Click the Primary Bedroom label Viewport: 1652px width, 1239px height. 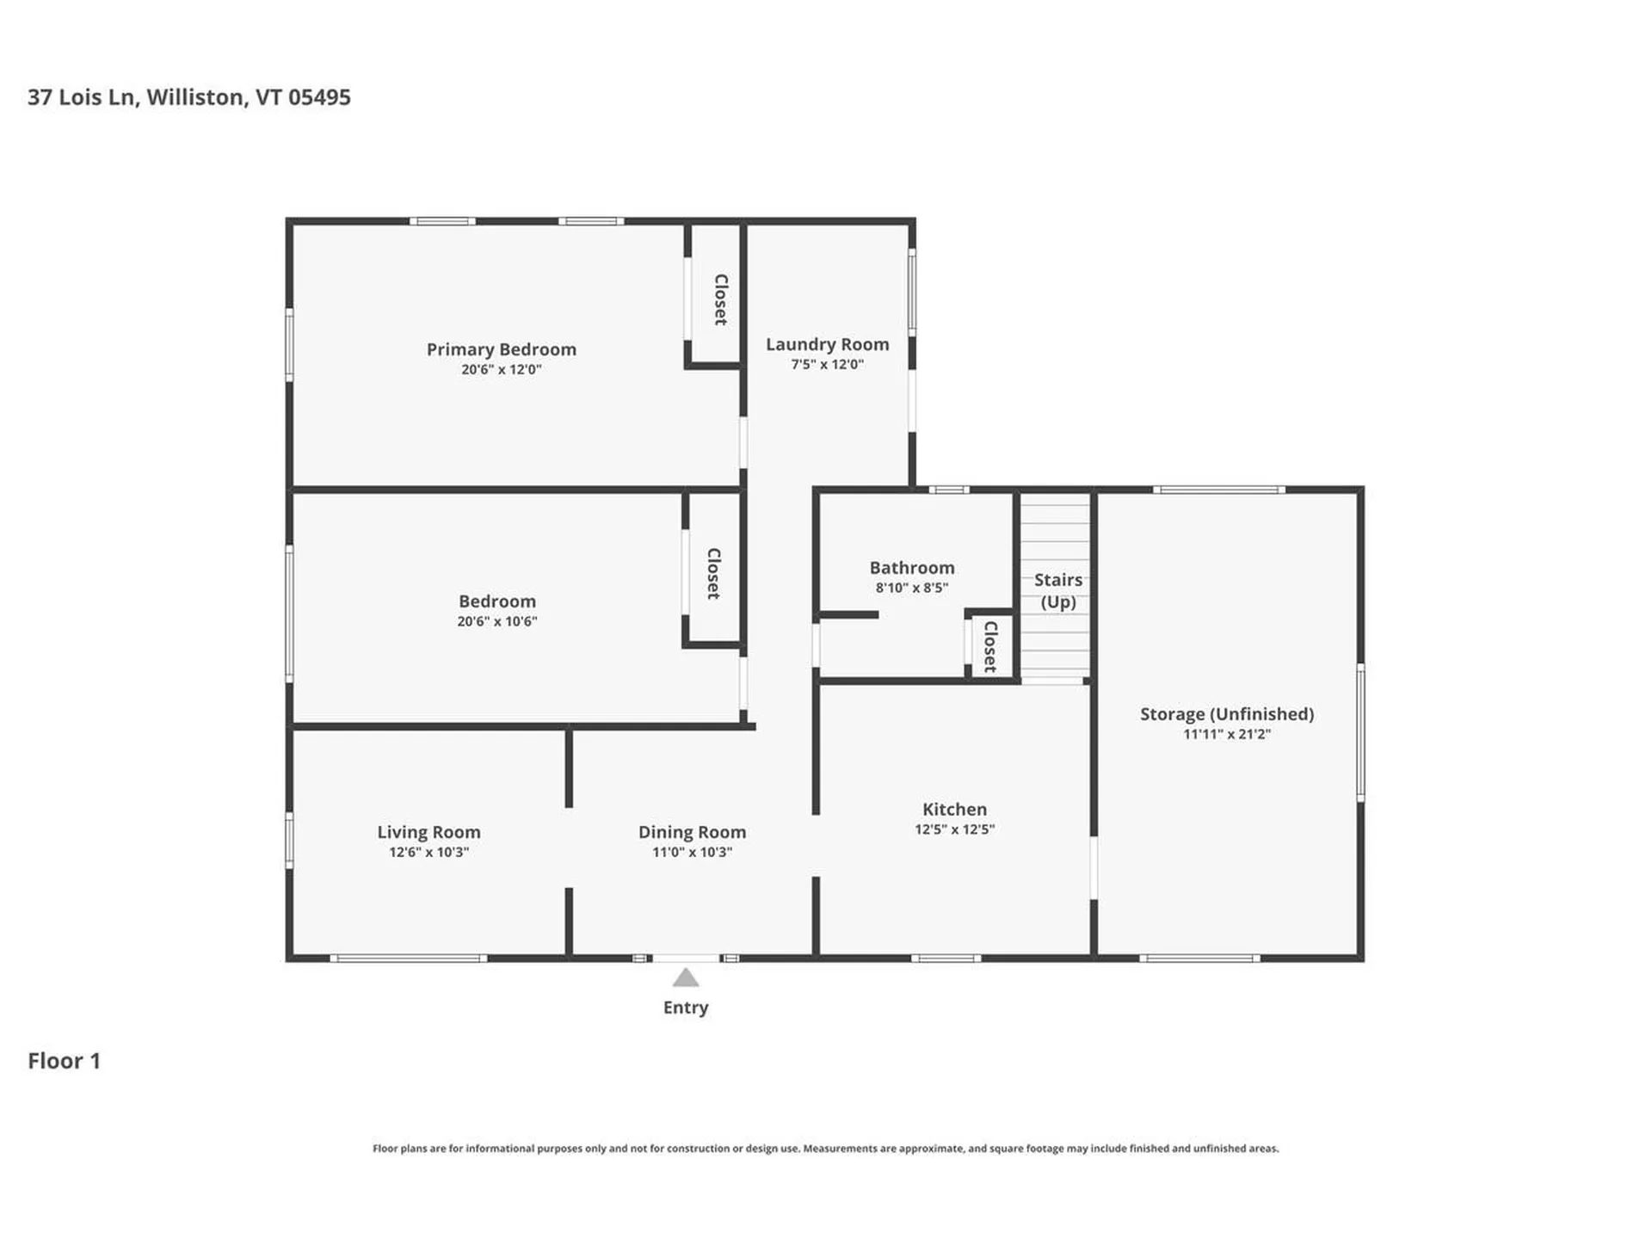[501, 349]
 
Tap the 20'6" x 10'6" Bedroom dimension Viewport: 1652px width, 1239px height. [496, 621]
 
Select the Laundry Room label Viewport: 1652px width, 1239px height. [827, 344]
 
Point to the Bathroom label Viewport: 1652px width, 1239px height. [911, 568]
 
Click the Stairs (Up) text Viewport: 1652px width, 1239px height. [1057, 590]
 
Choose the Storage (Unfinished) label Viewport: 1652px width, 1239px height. [1226, 714]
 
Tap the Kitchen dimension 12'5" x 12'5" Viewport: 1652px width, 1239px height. [954, 829]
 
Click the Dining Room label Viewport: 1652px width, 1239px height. [692, 832]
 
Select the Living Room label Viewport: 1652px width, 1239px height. [428, 832]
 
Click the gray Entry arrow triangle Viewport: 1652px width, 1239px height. [686, 978]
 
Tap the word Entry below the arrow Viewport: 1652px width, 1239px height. [686, 1008]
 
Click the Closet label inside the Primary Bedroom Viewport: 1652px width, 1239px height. [720, 299]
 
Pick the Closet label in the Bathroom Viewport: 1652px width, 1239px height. [989, 647]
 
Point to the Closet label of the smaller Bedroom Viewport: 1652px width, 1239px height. [712, 574]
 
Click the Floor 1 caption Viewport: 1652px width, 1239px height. [64, 1061]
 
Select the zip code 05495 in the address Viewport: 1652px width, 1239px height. [319, 97]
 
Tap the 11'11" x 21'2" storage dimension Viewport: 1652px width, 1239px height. [1226, 734]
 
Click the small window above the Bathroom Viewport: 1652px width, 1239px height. [948, 490]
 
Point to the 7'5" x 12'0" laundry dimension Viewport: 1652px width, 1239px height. [827, 364]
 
